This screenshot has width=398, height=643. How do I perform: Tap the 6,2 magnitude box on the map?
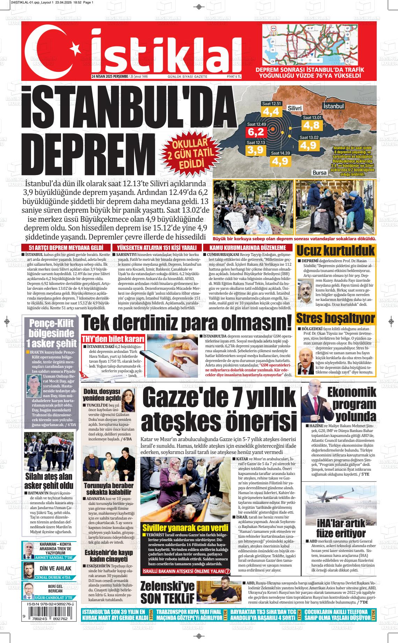click(256, 132)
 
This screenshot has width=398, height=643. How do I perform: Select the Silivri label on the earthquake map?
click(295, 108)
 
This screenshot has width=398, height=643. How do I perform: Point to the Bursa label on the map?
click(319, 173)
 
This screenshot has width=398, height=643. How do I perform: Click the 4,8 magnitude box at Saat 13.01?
click(311, 124)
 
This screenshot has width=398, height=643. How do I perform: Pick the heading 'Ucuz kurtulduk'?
click(336, 250)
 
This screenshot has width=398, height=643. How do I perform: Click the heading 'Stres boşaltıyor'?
click(336, 318)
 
